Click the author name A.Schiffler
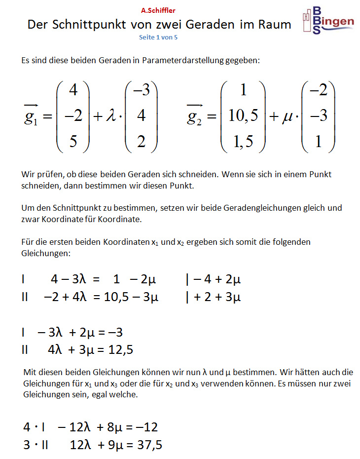pos(158,10)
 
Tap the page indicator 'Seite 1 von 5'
pos(158,37)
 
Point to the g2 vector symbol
pos(196,116)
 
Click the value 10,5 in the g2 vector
pos(243,116)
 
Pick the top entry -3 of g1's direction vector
pos(141,90)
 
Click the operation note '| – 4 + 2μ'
pos(213,280)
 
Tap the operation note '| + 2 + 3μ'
pos(213,297)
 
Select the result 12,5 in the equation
pos(120,350)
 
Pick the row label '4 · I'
pos(33,427)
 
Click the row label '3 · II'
pos(36,445)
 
